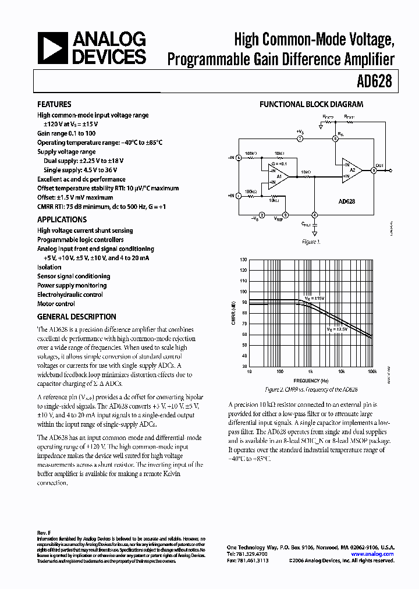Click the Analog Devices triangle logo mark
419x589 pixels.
[x=52, y=48]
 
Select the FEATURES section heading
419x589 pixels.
[x=54, y=104]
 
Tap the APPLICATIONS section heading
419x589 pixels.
[x=62, y=219]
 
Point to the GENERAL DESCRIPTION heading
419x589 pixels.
[x=76, y=317]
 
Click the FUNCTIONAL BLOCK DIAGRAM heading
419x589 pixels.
[x=311, y=104]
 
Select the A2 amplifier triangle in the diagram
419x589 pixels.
[x=351, y=170]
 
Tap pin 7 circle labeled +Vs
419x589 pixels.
[x=300, y=139]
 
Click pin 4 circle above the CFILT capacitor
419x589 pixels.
[x=314, y=215]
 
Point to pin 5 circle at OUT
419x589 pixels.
[x=373, y=171]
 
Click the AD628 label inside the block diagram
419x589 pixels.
[x=346, y=201]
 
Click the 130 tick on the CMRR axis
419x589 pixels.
[x=243, y=260]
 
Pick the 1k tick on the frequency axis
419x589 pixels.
[x=310, y=371]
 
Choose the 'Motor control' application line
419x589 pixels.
[x=56, y=304]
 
